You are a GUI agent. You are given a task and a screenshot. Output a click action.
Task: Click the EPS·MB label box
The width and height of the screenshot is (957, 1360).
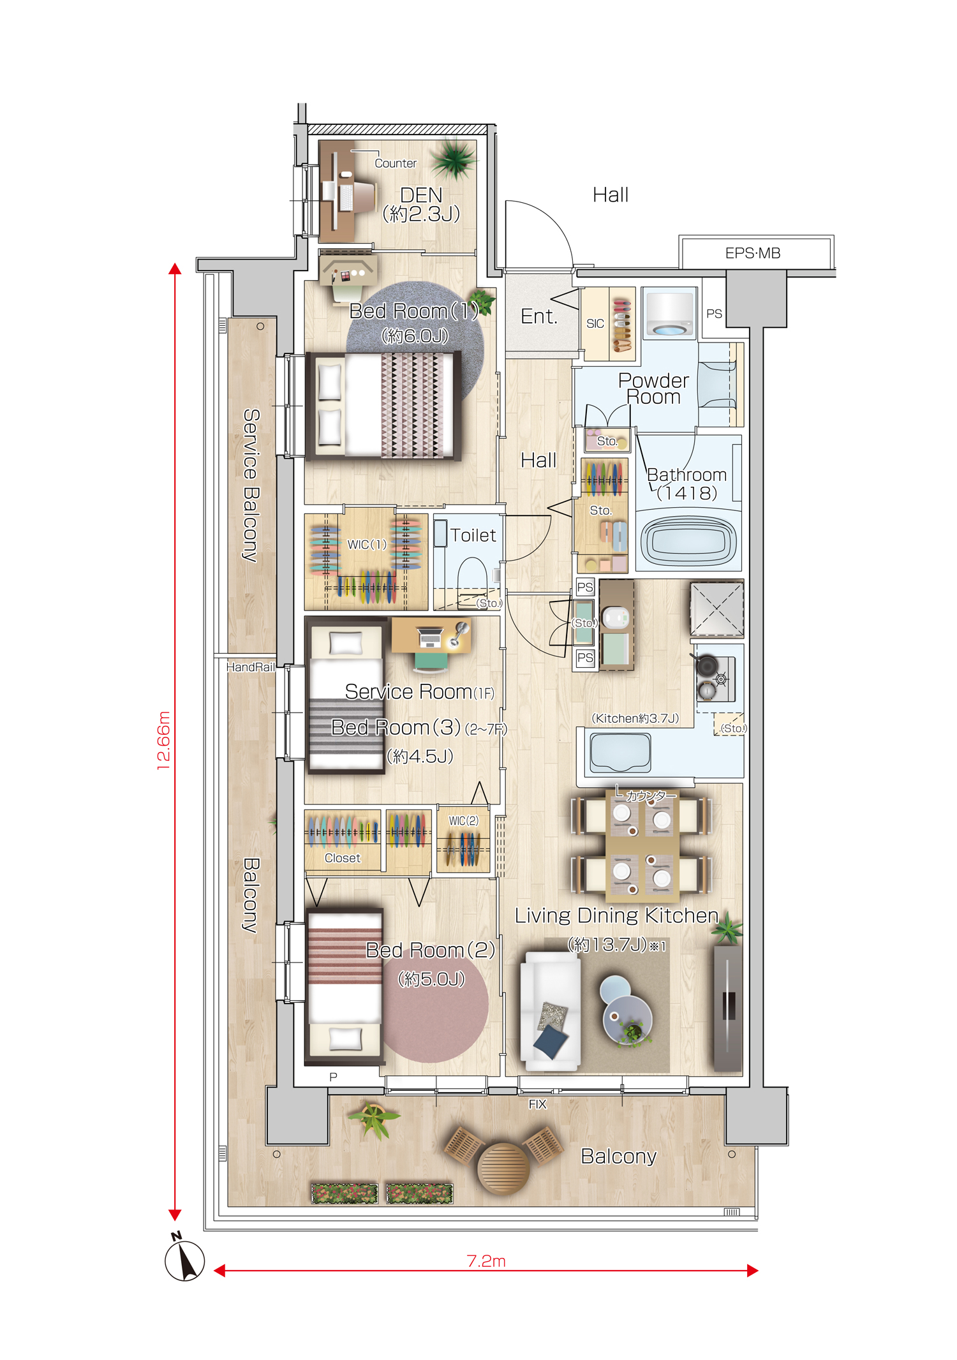756,253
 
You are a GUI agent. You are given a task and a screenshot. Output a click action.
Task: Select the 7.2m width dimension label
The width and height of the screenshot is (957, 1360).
486,1261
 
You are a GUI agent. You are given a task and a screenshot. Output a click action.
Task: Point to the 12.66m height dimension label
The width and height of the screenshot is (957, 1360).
164,741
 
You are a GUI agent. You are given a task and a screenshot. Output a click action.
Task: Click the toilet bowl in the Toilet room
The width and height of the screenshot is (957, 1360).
472,575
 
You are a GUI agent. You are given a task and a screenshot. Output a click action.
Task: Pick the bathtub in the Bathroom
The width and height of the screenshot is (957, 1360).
688,541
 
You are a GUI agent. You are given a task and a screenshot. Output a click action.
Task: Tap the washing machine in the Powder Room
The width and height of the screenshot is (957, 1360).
669,313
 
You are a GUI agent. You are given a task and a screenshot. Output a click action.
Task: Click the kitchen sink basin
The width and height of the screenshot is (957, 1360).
620,752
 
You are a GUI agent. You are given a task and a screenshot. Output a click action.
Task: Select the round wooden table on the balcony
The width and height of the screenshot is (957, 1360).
503,1168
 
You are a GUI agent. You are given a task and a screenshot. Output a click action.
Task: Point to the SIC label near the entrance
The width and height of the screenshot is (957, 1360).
595,324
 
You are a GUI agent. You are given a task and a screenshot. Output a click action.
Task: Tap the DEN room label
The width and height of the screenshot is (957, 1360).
421,195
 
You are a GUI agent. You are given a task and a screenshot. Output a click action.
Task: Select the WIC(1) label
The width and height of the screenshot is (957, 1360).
367,544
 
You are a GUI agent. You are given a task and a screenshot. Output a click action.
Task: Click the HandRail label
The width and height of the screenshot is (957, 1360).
251,667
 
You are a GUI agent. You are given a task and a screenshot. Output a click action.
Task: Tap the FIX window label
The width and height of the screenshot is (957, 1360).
537,1104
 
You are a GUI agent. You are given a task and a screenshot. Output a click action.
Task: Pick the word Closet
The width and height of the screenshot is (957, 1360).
343,858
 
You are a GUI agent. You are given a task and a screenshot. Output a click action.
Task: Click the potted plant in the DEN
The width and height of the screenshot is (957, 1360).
454,159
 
